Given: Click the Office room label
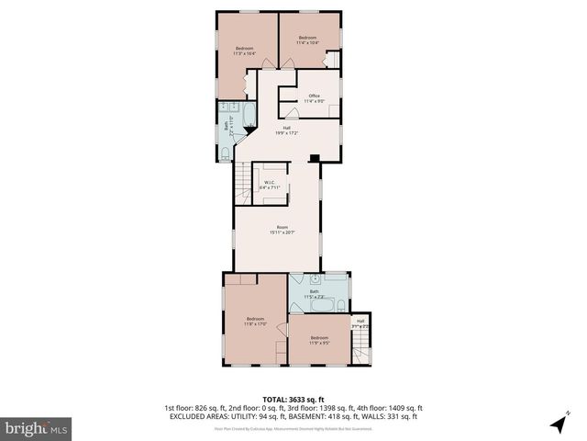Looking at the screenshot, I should click(314, 98).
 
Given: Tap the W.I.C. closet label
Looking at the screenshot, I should click(270, 185).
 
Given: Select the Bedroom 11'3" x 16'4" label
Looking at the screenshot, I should click(244, 51).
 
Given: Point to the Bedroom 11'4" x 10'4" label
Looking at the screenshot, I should click(306, 40).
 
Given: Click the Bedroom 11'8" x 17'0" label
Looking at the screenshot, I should click(255, 321).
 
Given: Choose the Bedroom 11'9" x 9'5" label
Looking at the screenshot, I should click(318, 340).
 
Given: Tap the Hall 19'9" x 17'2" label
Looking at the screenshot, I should click(287, 130).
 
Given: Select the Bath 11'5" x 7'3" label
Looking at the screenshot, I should click(314, 294).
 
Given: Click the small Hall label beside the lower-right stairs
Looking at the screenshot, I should click(360, 322).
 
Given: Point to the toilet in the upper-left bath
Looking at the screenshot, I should click(226, 152).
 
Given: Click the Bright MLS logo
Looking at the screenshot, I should click(36, 427).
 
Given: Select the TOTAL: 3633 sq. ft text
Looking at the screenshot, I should click(293, 400).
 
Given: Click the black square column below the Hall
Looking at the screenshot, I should click(315, 158).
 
